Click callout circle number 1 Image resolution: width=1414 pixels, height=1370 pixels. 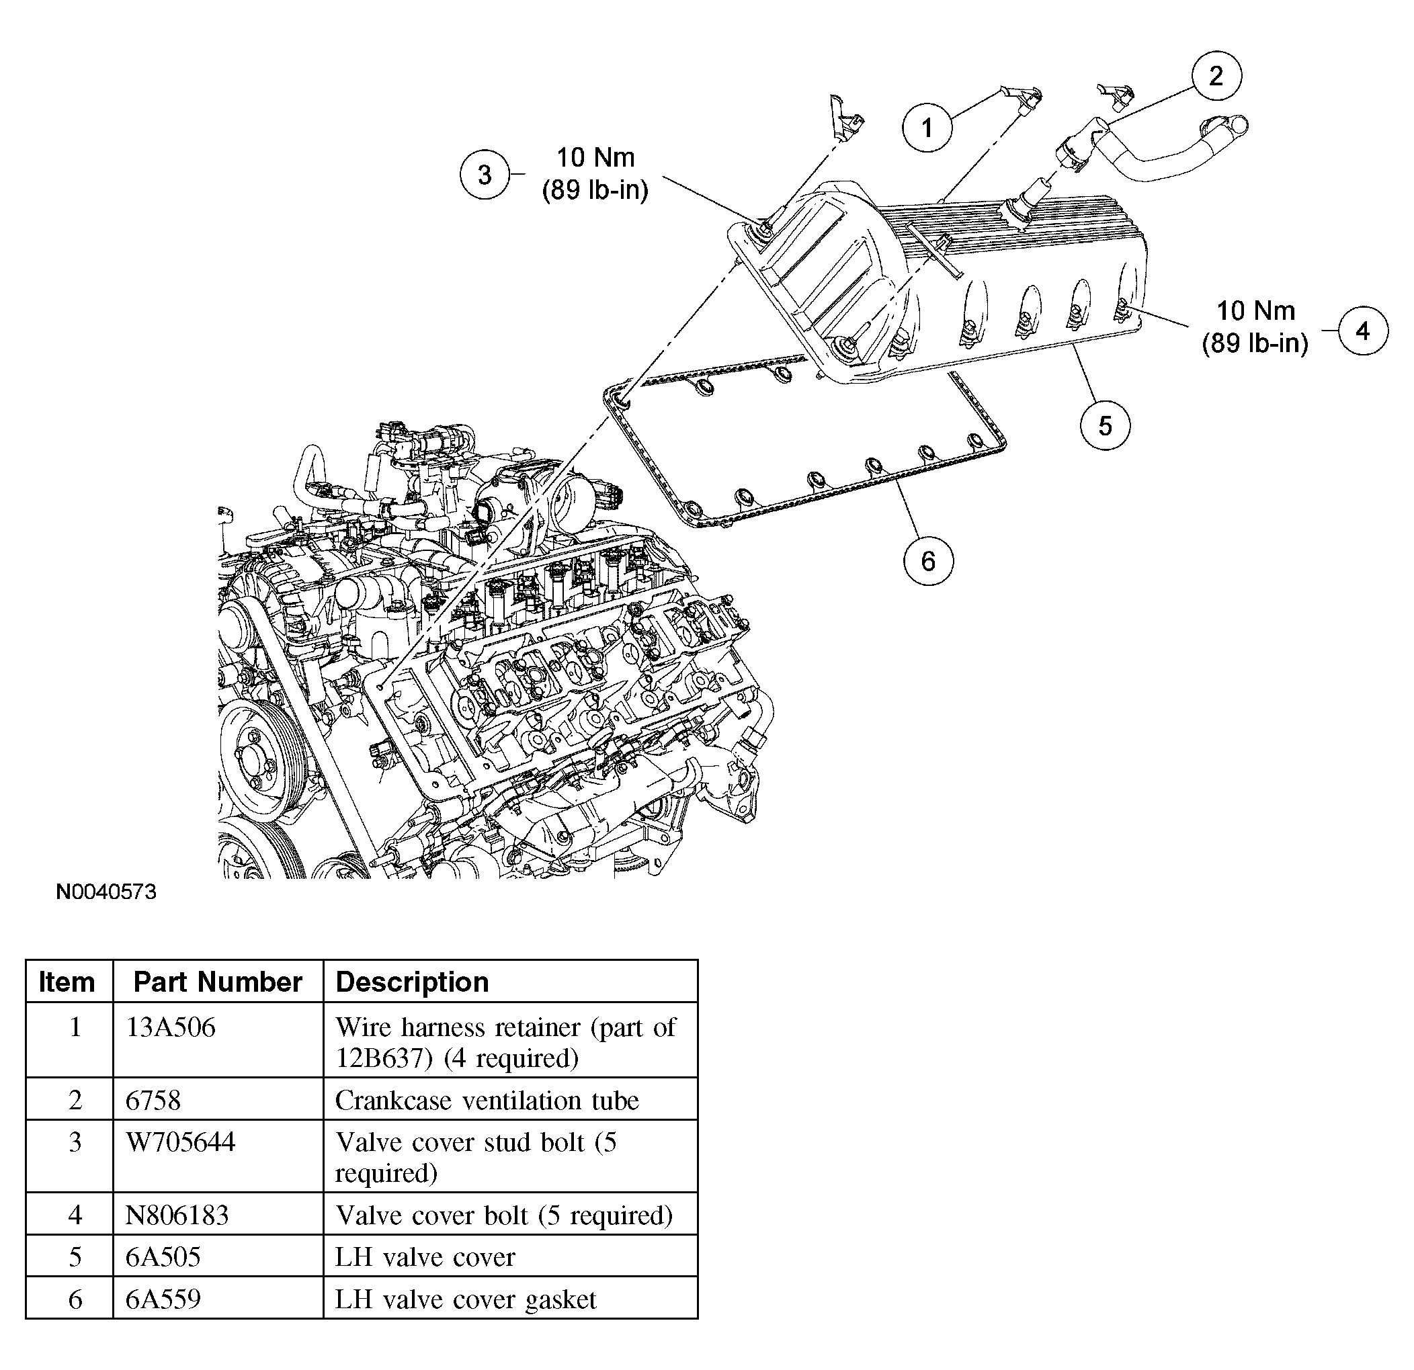pyautogui.click(x=927, y=128)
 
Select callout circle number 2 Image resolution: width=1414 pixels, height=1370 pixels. pyautogui.click(x=1216, y=76)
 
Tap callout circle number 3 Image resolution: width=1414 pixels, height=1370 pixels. pyautogui.click(x=485, y=174)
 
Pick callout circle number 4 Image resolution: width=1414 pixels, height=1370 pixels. pyautogui.click(x=1362, y=331)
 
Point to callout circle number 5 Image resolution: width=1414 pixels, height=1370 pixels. pyautogui.click(x=1104, y=425)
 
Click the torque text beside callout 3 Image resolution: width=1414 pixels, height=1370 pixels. pyautogui.click(x=595, y=173)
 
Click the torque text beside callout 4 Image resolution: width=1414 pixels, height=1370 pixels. pyautogui.click(x=1255, y=327)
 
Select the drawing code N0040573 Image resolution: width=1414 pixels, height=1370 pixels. pyautogui.click(x=106, y=892)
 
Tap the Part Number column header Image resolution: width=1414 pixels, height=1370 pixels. pyautogui.click(x=217, y=982)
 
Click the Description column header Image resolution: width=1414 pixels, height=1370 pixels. pyautogui.click(x=412, y=982)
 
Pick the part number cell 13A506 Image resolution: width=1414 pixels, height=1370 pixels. pyautogui.click(x=170, y=1027)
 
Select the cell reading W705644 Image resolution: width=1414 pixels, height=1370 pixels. pyautogui.click(x=180, y=1142)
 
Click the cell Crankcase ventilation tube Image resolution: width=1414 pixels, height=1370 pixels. pyautogui.click(x=487, y=1100)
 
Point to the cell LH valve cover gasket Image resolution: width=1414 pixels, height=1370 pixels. pyautogui.click(x=465, y=1299)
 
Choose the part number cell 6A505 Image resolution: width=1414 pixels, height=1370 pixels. pyautogui.click(x=163, y=1256)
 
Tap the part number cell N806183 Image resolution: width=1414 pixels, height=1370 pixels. pyautogui.click(x=177, y=1215)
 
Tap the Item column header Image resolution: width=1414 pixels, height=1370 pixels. pyautogui.click(x=67, y=982)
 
